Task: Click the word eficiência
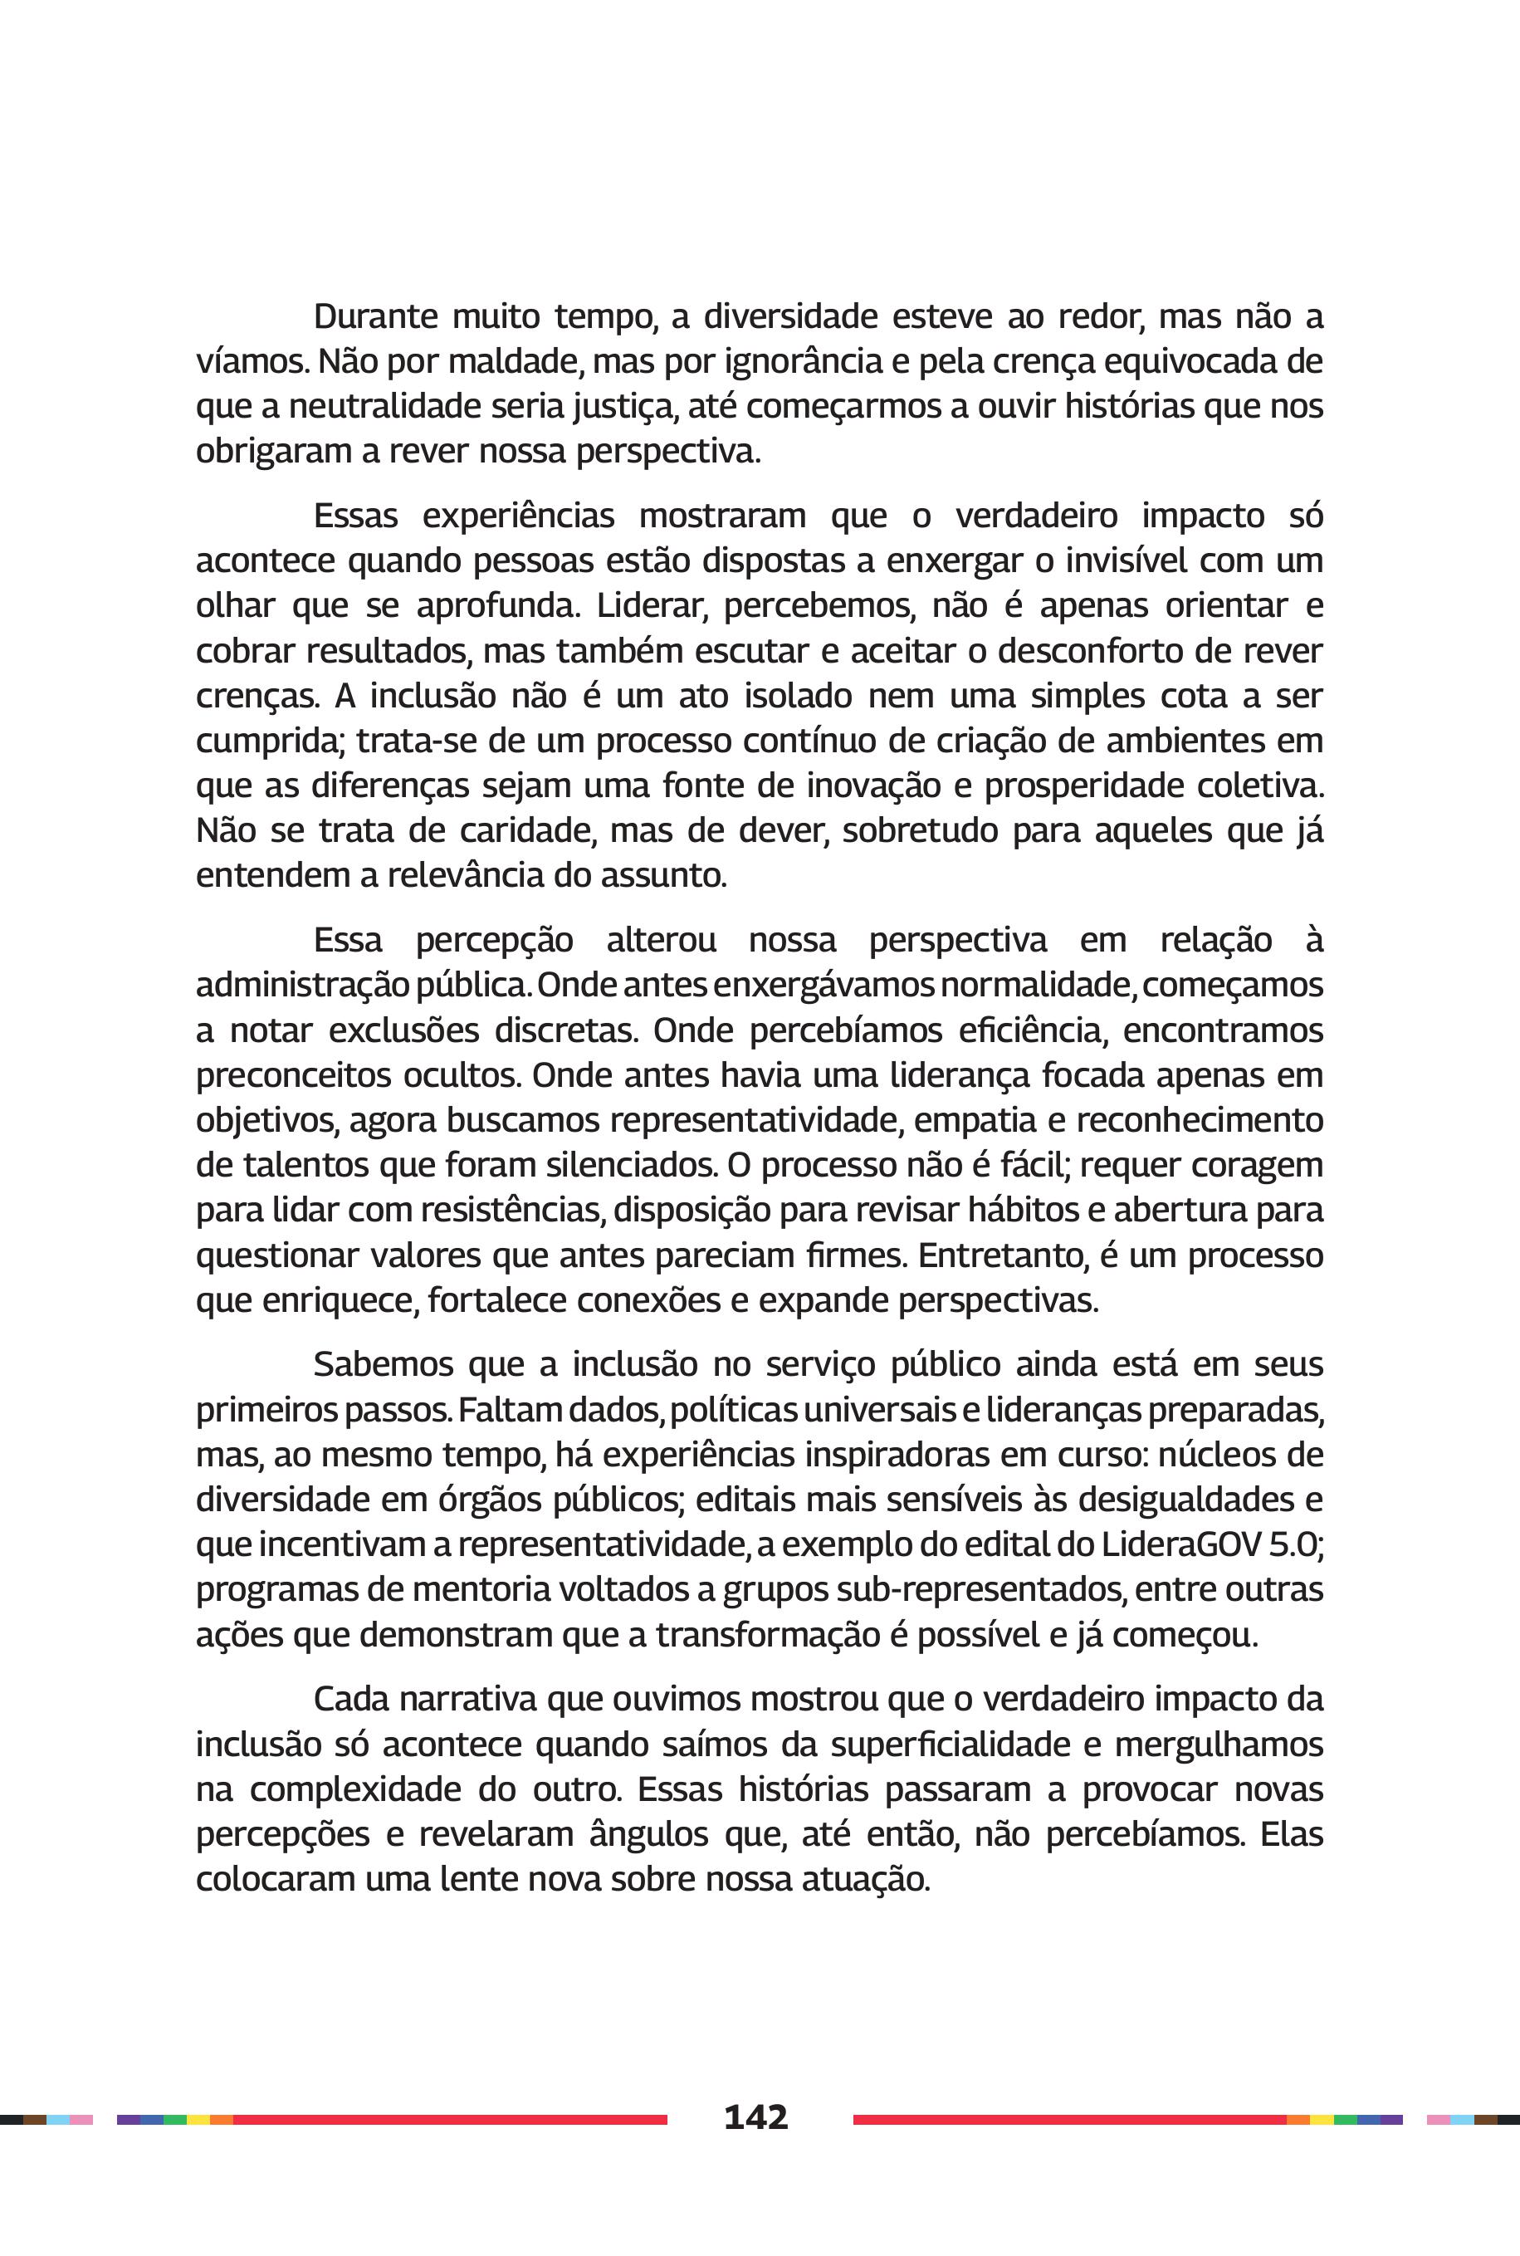click(1030, 1030)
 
